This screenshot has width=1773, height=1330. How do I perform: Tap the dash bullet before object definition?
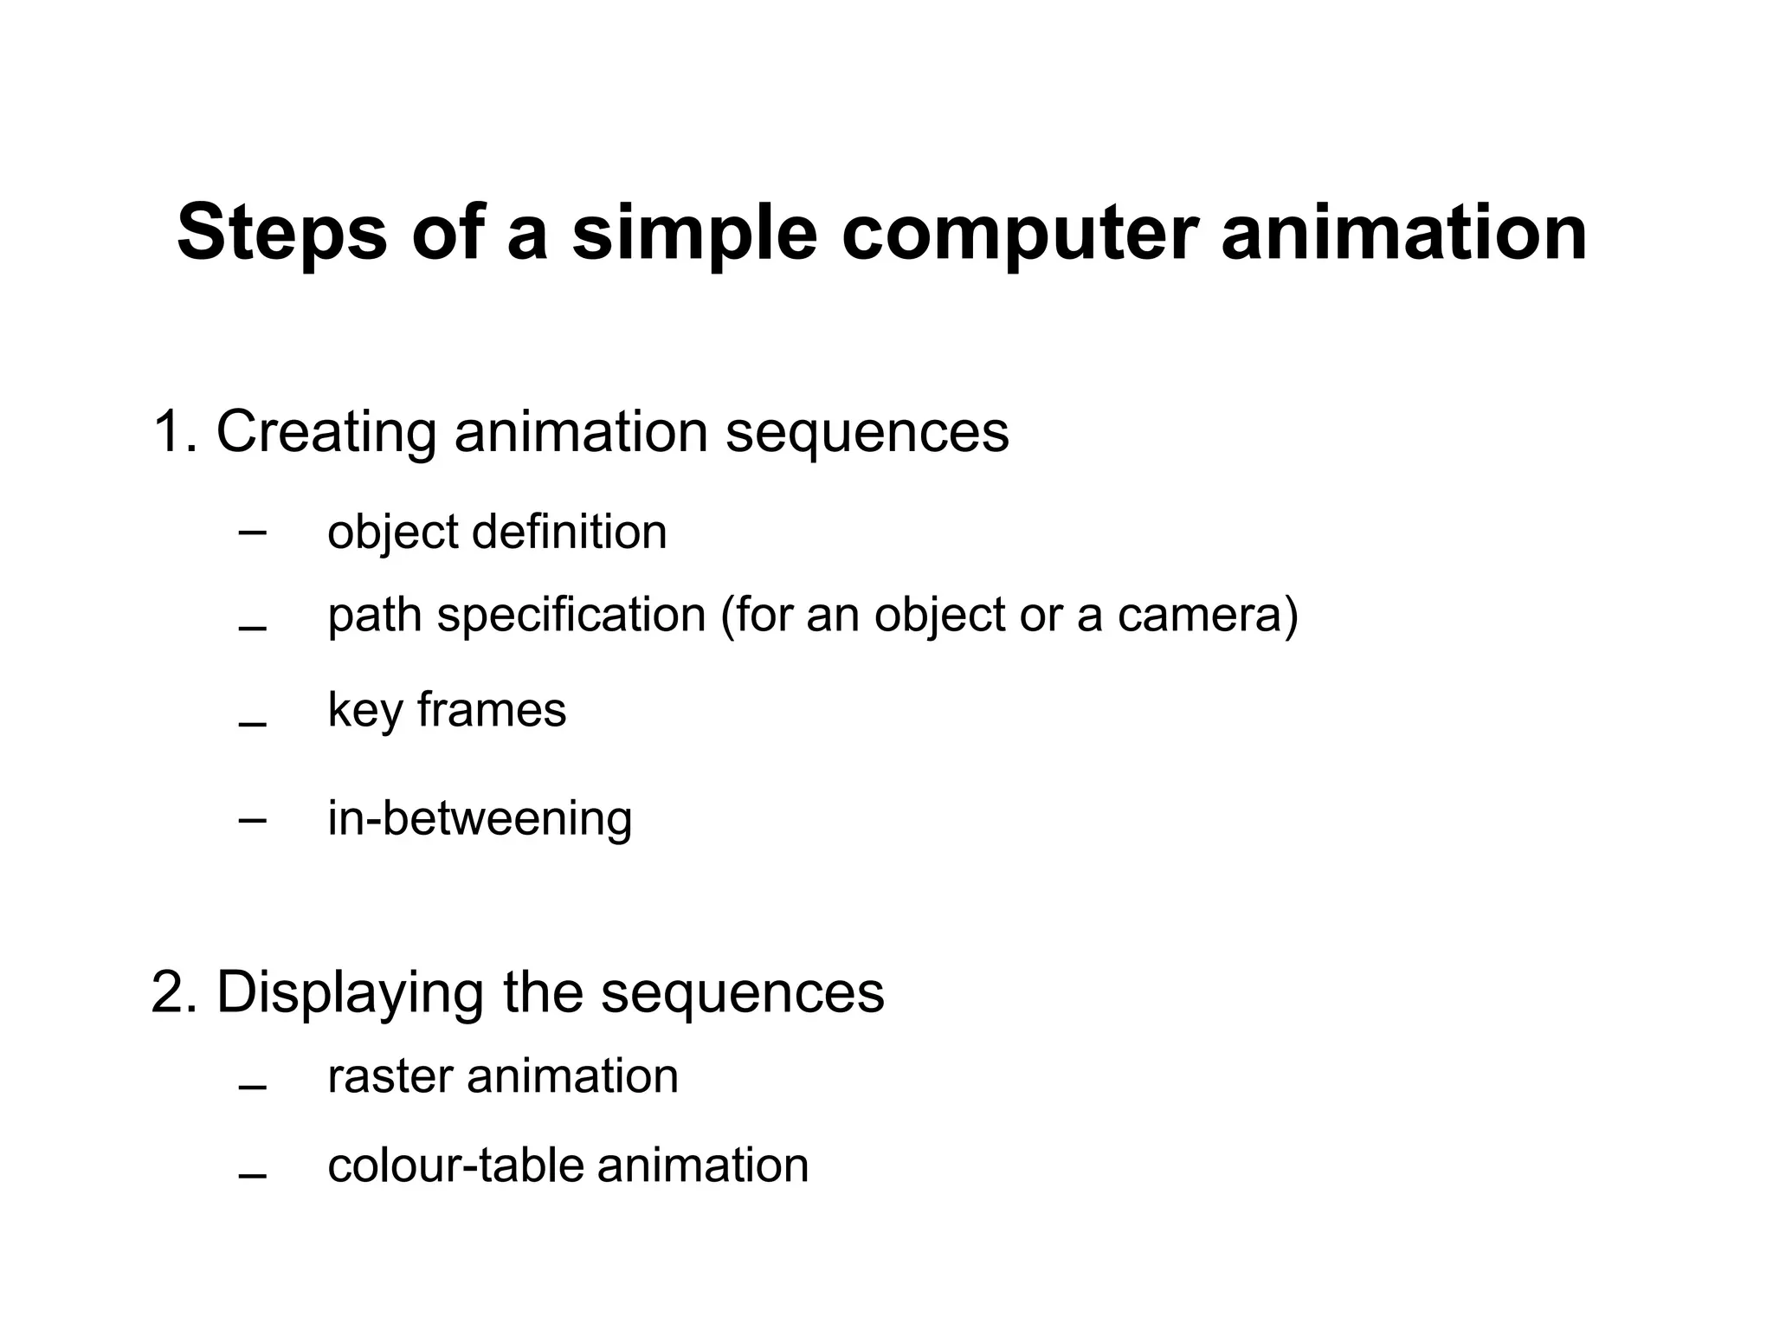[x=252, y=532]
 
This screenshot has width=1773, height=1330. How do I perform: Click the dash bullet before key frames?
[x=252, y=723]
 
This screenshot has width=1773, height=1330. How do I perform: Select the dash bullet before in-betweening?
[x=252, y=819]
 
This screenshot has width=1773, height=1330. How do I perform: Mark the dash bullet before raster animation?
[x=252, y=1088]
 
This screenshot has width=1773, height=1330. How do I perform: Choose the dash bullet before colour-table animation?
[x=252, y=1176]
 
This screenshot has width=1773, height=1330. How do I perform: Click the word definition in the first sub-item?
[x=569, y=532]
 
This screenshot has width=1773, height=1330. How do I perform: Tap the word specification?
[x=571, y=617]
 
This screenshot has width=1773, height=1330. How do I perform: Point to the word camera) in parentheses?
[x=1208, y=617]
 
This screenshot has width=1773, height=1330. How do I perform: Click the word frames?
[x=491, y=710]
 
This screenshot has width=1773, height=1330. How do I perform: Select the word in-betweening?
[x=480, y=819]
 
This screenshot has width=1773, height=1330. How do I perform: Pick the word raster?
[x=390, y=1077]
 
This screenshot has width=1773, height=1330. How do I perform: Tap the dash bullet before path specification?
[x=252, y=628]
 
